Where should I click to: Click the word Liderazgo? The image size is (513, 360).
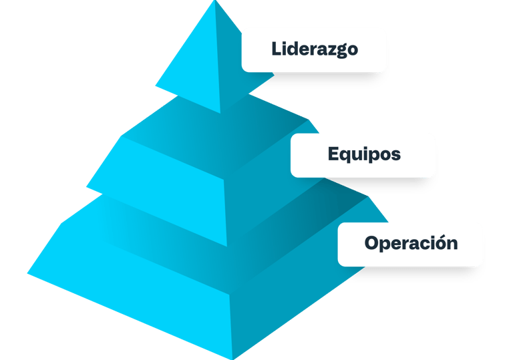[315, 49]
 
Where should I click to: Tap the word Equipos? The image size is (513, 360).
[364, 154]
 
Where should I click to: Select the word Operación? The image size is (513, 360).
[411, 243]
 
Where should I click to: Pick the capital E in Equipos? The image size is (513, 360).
[333, 154]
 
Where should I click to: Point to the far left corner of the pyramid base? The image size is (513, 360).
[27, 272]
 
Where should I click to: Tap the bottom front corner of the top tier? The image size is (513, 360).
[220, 113]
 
